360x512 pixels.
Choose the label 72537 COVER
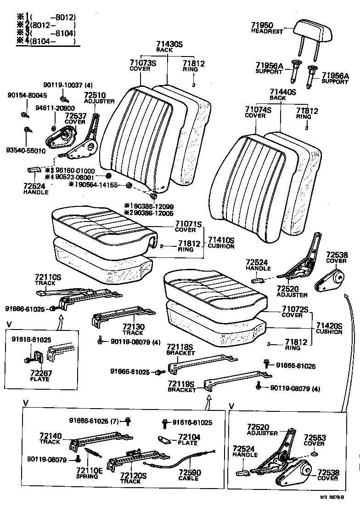pos(75,119)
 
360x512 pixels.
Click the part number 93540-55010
pos(26,150)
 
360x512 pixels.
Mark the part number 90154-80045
pos(27,95)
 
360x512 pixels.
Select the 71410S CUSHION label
pos(221,243)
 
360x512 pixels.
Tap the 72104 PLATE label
pos(188,439)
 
